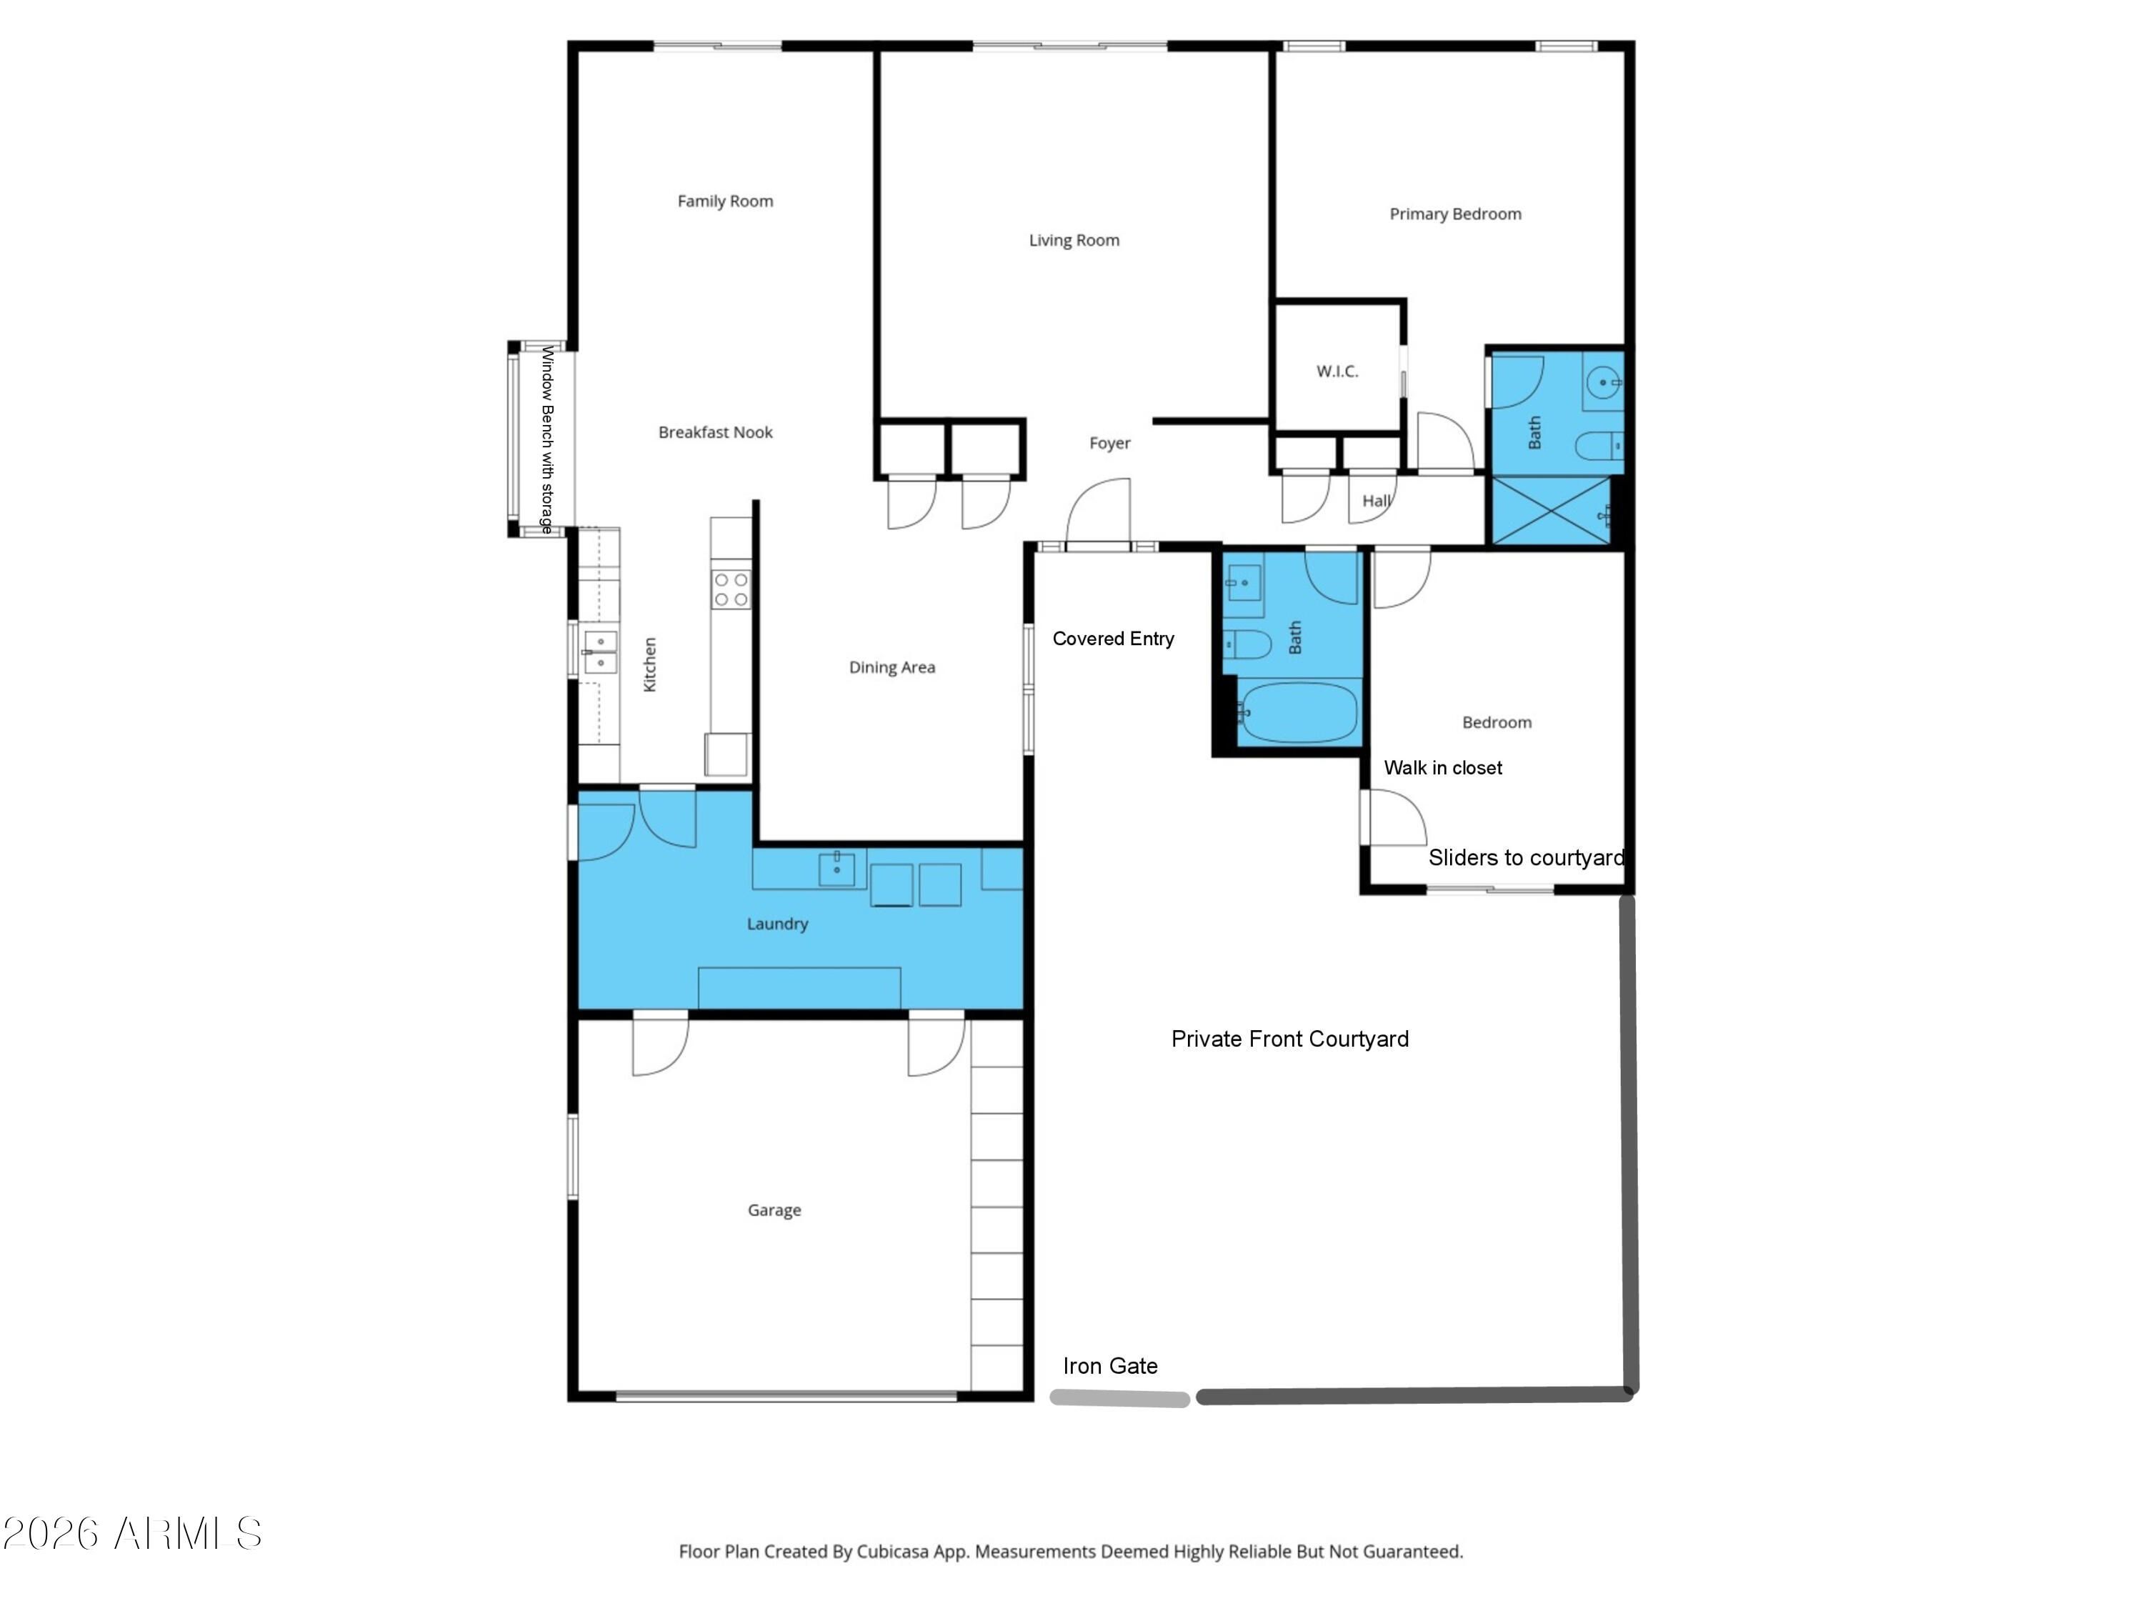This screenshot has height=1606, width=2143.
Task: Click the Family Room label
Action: coord(724,201)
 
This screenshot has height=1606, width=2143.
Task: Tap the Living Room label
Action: coord(1074,240)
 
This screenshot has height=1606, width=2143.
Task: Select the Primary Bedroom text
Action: coord(1455,214)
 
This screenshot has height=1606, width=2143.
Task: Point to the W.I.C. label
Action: coord(1337,371)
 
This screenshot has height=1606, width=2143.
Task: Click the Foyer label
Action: coord(1109,443)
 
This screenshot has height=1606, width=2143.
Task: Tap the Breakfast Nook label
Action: coord(715,432)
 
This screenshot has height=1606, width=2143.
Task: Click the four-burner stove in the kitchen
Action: coord(731,589)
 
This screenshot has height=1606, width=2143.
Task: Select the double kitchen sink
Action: coord(600,652)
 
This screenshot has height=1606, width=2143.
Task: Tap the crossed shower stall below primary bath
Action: coord(1550,511)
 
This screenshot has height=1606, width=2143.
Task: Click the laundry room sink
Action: coord(836,868)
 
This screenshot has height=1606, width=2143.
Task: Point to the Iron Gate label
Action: coord(1110,1366)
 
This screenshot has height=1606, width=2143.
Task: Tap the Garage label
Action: coord(774,1210)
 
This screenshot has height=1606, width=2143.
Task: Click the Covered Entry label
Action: coord(1113,639)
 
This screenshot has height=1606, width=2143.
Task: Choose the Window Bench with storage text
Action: coord(547,440)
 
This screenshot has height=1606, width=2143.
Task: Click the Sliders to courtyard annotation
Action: coord(1526,857)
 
